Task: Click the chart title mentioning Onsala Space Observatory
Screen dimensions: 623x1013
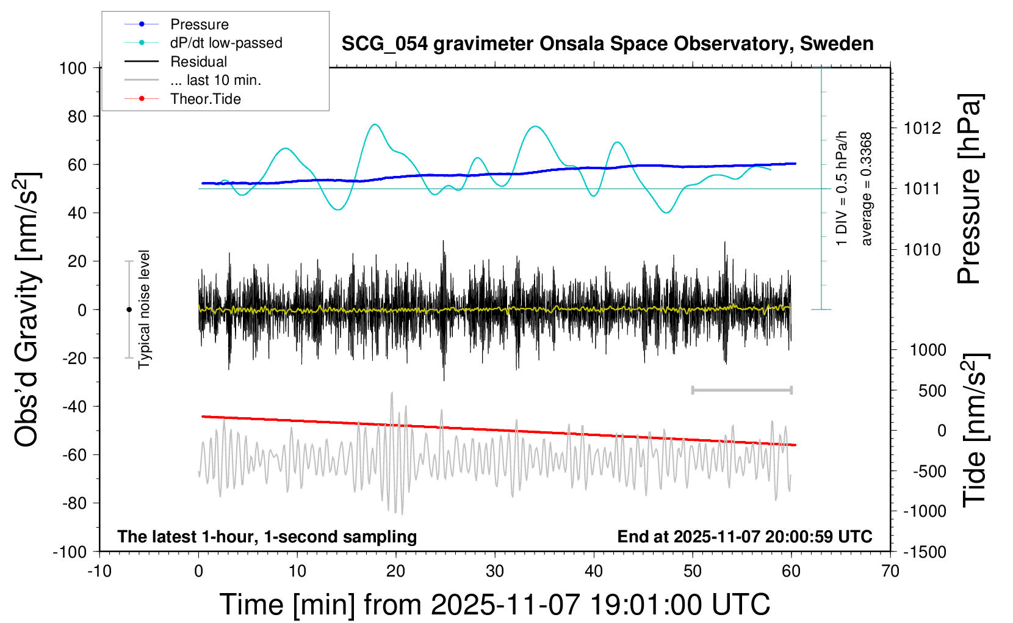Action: click(x=607, y=44)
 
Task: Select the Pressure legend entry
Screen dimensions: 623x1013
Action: click(x=199, y=24)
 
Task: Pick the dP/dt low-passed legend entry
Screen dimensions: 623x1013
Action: click(x=226, y=43)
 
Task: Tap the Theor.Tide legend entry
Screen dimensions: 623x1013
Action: click(x=205, y=99)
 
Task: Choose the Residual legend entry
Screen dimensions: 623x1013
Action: click(x=198, y=62)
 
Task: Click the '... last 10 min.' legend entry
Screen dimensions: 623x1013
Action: click(x=215, y=80)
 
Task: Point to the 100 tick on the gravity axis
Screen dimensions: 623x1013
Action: click(x=73, y=68)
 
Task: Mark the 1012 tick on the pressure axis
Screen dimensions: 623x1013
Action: click(x=922, y=128)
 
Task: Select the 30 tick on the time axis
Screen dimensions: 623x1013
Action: click(x=495, y=572)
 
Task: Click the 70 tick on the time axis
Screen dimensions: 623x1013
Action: click(x=890, y=572)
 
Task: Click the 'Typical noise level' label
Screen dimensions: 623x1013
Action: click(x=144, y=309)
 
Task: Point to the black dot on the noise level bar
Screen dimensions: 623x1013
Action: click(x=129, y=310)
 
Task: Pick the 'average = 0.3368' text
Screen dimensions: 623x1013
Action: click(x=867, y=189)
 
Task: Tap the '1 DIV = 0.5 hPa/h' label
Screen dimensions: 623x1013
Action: click(x=842, y=188)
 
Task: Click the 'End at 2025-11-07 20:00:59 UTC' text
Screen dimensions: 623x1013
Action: click(x=744, y=537)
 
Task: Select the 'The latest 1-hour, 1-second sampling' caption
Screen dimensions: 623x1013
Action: click(x=267, y=537)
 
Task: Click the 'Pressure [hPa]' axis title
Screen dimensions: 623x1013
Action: click(x=968, y=189)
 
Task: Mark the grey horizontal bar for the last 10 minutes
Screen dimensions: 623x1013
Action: click(x=741, y=390)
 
